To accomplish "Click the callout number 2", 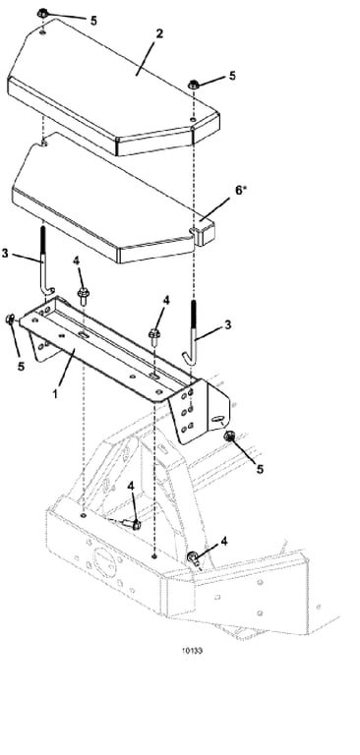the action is pos(159,34).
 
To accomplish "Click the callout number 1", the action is pos(55,393).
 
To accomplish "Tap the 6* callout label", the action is pos(240,190).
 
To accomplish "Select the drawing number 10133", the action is pos(192,651).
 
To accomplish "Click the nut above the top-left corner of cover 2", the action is pos(42,14).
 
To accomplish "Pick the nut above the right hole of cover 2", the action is pos(193,85).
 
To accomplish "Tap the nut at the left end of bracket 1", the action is pos(10,319).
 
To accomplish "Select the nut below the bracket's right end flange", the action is pos(229,436).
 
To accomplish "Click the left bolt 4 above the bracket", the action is pos(83,295).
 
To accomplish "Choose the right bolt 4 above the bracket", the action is pos(154,336).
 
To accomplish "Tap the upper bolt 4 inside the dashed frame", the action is pos(133,524).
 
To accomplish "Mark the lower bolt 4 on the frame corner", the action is pos(193,558).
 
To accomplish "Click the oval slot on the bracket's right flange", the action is pos(217,419).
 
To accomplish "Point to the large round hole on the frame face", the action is pos(103,561).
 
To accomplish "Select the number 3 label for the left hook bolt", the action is pos(5,253).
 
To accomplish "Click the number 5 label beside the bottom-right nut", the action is pos(260,469).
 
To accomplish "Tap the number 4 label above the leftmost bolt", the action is pos(76,261).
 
